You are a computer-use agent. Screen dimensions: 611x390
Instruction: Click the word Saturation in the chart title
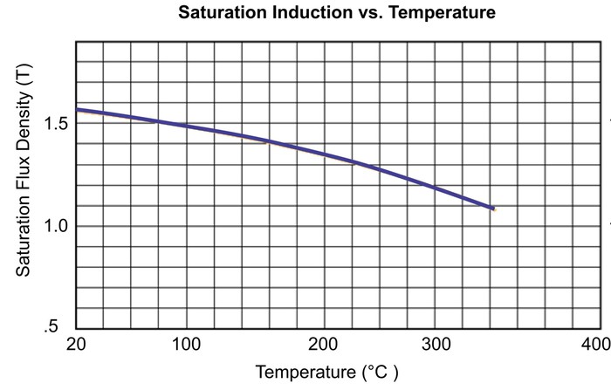coord(223,12)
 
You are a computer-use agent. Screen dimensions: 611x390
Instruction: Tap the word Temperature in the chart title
coord(443,13)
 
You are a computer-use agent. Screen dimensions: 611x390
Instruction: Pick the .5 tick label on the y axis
coord(51,325)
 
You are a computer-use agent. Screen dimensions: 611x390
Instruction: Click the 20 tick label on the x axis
coord(76,345)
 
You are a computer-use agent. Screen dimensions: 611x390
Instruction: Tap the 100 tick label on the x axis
coord(187,345)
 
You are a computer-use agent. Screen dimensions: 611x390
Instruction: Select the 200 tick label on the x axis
coord(323,345)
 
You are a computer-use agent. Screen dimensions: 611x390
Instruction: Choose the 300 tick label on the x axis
coord(436,345)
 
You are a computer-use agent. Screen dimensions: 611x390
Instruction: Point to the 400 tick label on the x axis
coord(596,345)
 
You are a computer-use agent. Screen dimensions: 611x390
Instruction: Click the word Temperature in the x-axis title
coord(305,372)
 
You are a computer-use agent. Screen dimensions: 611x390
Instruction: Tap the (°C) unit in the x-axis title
coord(381,373)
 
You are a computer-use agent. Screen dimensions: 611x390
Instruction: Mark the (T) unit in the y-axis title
coord(24,75)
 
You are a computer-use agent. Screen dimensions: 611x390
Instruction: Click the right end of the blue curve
coord(493,209)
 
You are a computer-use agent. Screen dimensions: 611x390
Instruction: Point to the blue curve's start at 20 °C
coord(77,110)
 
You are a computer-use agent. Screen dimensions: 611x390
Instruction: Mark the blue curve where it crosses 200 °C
coord(325,154)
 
